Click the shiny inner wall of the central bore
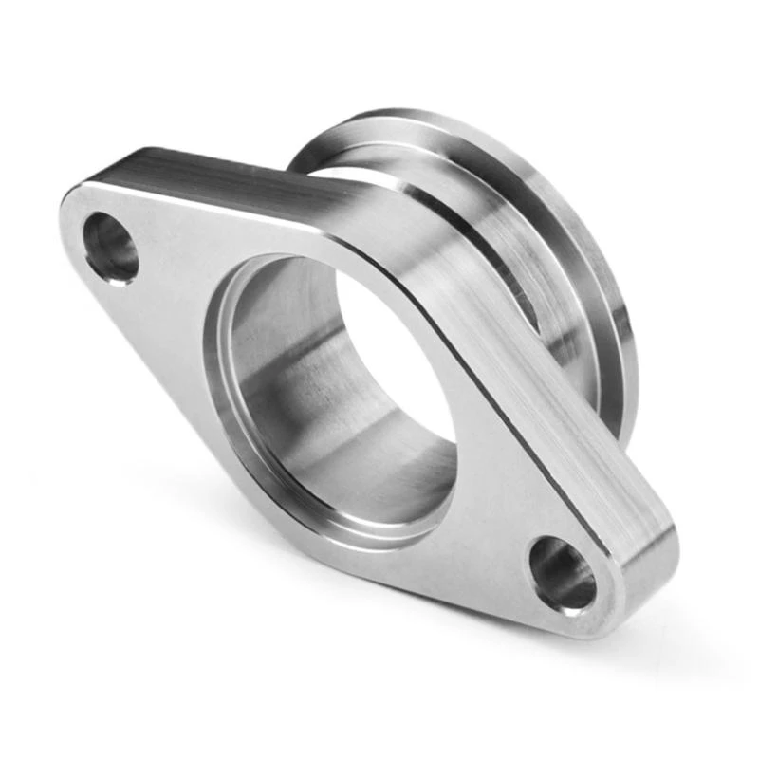click(285, 370)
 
